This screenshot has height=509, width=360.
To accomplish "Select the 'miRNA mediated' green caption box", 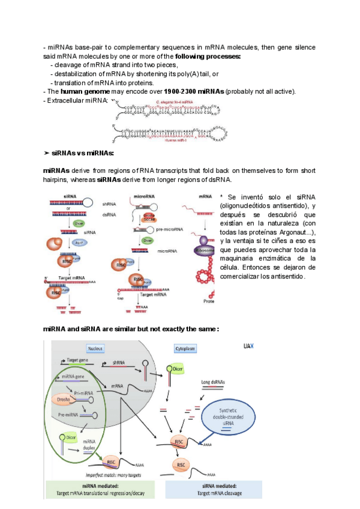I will pos(101,490).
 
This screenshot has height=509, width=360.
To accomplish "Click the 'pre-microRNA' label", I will pos(169,229).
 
